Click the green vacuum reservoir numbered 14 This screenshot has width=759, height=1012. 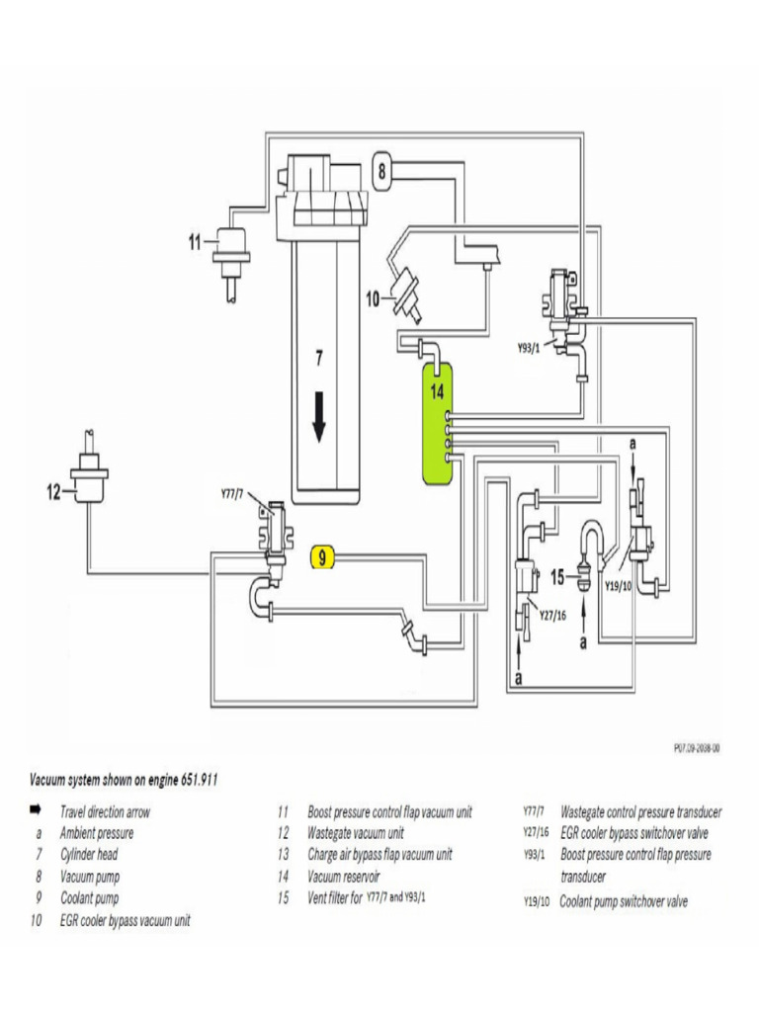[x=437, y=425]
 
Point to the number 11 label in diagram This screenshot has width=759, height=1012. [x=196, y=240]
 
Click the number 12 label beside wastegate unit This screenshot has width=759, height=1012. [x=53, y=491]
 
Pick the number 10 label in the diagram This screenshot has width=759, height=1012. [x=373, y=296]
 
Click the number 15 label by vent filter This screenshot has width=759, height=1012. [x=557, y=576]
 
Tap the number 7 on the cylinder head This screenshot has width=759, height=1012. [x=318, y=360]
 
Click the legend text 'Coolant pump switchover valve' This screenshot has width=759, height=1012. [x=623, y=901]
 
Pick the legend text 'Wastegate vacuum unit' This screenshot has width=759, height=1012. [x=356, y=833]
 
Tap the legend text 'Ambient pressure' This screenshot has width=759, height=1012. [x=97, y=833]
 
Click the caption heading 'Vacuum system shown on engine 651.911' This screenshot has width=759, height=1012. [x=124, y=780]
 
